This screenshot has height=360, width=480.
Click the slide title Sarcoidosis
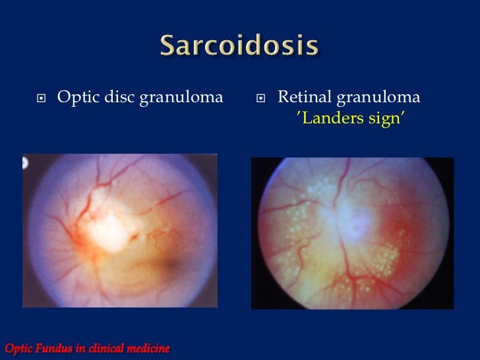pos(240,47)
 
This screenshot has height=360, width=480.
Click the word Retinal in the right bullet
pos(304,98)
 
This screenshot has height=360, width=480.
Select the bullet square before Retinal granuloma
pos(262,99)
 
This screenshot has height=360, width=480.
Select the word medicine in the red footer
pos(149,347)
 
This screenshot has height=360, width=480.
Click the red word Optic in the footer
pos(18,347)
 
